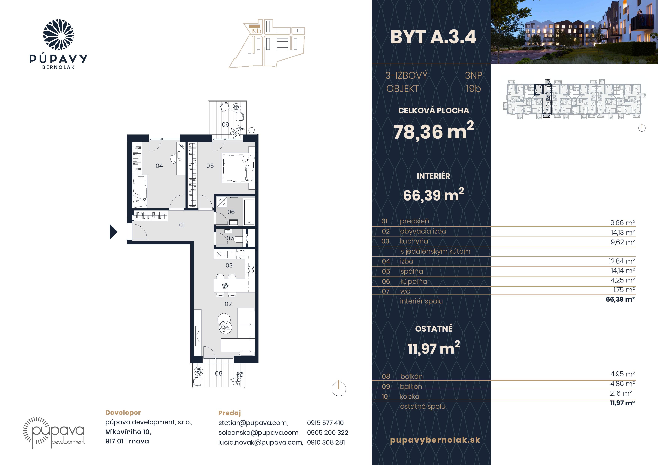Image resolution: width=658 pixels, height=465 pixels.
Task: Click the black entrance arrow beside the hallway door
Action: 113,232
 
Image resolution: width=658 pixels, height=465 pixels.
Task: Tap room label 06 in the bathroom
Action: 231,212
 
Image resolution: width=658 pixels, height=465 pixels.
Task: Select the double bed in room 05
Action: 238,168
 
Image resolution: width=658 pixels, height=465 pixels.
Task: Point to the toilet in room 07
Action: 237,239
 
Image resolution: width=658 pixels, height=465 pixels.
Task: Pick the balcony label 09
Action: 225,124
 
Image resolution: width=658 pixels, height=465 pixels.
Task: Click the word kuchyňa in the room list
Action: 414,241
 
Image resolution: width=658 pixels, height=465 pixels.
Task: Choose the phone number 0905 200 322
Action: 327,432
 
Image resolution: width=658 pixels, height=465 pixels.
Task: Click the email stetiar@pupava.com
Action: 253,423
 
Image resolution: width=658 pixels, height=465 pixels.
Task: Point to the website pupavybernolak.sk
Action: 435,440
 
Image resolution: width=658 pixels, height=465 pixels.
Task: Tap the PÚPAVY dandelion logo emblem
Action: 59,35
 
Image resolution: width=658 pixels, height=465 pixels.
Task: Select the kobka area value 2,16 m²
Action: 621,393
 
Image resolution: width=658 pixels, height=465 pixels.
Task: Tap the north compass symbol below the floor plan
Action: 339,388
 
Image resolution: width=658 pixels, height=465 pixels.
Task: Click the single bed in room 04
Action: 140,191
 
